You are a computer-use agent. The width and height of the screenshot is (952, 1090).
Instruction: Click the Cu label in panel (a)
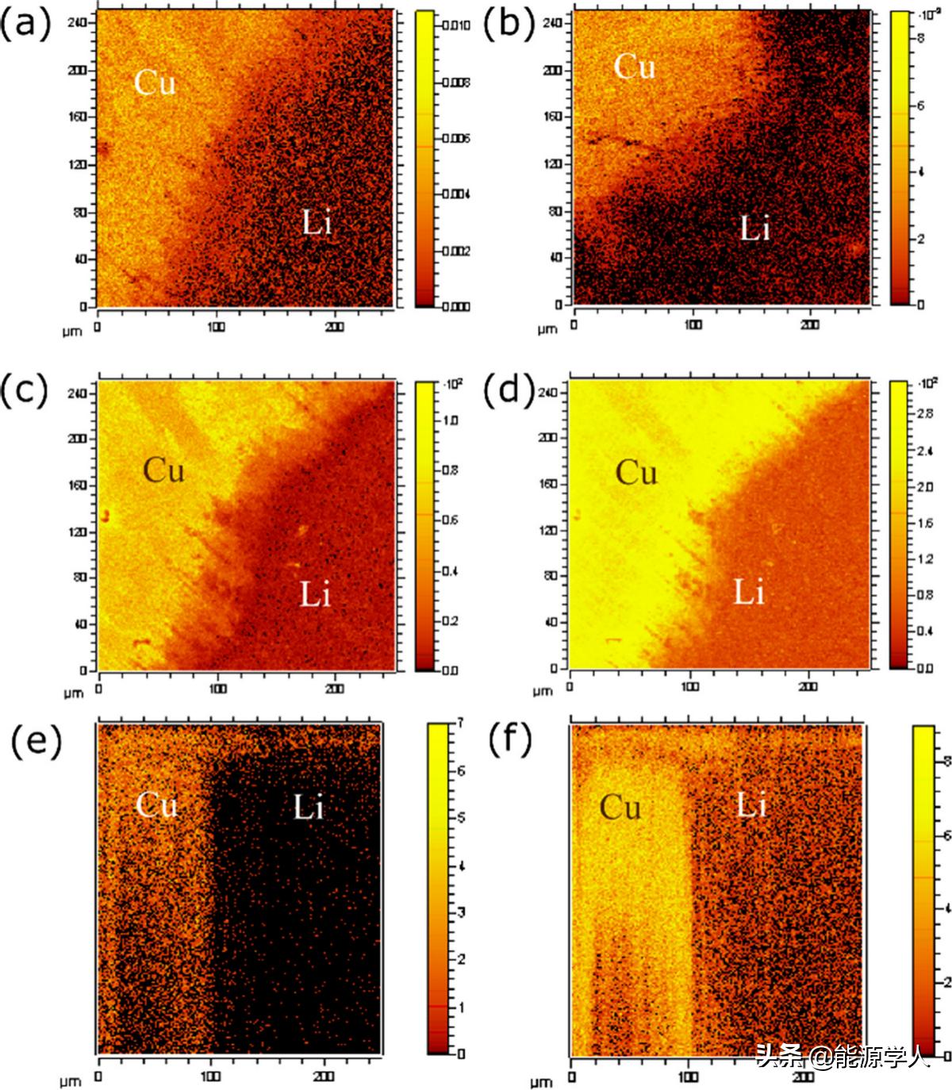[x=155, y=83]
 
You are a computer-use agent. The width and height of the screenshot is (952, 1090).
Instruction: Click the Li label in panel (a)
[x=317, y=223]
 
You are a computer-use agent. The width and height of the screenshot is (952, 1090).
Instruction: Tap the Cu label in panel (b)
[x=635, y=67]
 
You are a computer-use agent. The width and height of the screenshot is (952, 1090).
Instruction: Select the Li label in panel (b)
[x=754, y=229]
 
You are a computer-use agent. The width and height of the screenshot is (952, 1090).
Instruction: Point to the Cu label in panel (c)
[x=163, y=470]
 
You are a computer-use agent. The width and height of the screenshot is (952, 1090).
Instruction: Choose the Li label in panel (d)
[x=749, y=593]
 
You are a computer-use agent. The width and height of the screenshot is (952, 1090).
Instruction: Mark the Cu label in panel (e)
[x=156, y=806]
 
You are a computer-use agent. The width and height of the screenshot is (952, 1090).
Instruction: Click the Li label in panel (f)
[x=752, y=806]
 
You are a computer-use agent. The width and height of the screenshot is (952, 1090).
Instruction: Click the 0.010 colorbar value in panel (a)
[x=455, y=25]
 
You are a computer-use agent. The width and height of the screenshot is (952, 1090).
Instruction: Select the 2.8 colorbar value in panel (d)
[x=925, y=414]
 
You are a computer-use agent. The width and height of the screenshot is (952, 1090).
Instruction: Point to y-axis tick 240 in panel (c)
[x=78, y=392]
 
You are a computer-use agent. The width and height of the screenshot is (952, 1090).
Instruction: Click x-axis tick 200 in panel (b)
[x=809, y=324]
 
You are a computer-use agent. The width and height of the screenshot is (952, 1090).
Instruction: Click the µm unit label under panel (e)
[x=70, y=1080]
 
